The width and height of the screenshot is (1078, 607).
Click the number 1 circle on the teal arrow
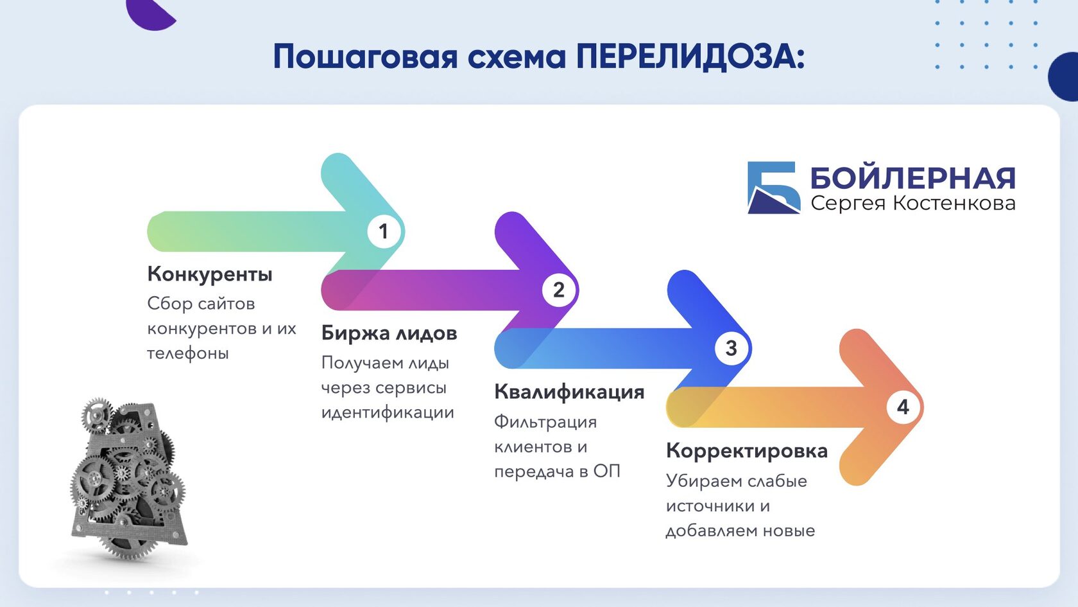384,231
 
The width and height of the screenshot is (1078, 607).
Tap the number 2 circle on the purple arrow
558,290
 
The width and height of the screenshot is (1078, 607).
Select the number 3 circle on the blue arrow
731,348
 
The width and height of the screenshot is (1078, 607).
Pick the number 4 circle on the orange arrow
903,407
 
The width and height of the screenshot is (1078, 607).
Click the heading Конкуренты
210,274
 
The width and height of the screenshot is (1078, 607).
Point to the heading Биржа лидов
389,333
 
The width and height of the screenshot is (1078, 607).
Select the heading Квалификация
569,392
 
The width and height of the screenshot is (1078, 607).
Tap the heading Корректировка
747,451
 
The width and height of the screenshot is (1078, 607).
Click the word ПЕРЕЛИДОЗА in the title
690,57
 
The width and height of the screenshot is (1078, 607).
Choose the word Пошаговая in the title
365,57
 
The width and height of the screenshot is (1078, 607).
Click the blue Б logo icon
773,187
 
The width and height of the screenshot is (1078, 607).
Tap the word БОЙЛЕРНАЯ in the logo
912,178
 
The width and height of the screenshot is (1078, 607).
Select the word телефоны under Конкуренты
188,353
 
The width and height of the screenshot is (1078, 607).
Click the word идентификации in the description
388,412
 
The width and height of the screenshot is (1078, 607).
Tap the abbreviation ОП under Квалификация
606,471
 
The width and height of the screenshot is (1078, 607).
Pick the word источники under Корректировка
710,506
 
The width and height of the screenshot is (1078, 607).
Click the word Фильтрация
545,422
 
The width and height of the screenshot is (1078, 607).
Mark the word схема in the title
517,57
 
